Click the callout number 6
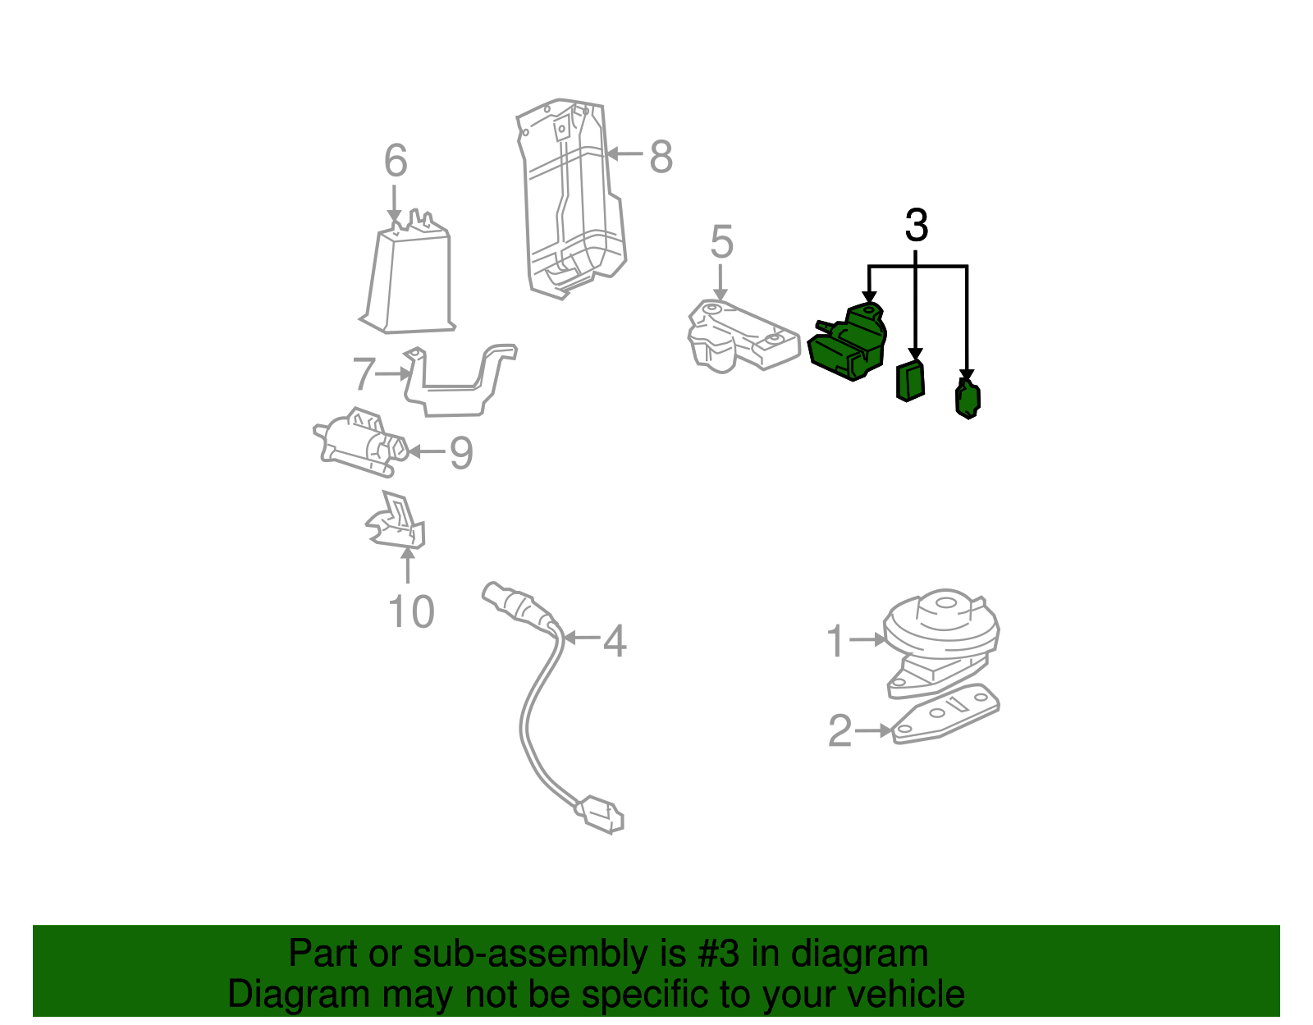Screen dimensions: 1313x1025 click(x=396, y=161)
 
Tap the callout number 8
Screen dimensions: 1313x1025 click(x=661, y=157)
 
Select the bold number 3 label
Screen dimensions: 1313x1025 click(x=916, y=225)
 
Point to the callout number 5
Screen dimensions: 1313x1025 click(x=721, y=241)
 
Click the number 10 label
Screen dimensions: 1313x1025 click(x=411, y=612)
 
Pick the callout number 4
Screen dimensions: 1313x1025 click(x=615, y=641)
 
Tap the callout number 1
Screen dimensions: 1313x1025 click(x=835, y=641)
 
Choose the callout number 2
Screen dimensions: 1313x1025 click(x=839, y=730)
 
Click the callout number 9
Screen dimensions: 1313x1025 click(x=462, y=453)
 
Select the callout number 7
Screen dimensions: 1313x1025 click(x=364, y=373)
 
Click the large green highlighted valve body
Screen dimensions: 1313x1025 click(x=847, y=342)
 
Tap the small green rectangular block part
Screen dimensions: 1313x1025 click(x=910, y=381)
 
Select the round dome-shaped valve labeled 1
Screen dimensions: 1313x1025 click(x=941, y=642)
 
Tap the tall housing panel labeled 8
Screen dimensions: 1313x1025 click(x=570, y=198)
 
